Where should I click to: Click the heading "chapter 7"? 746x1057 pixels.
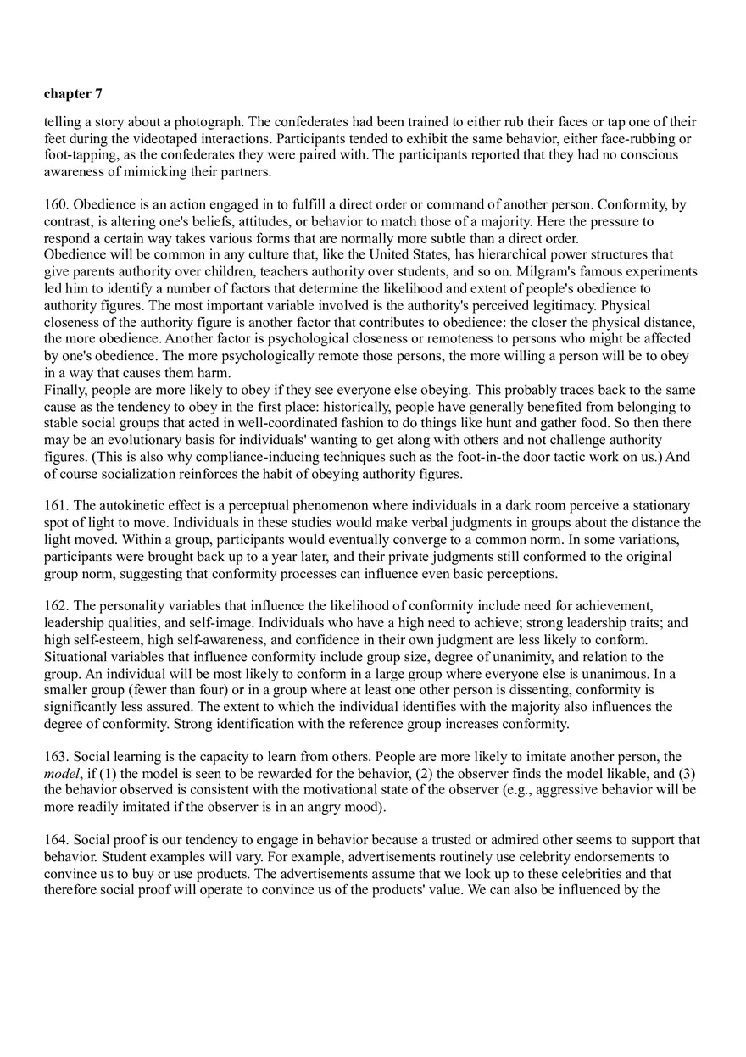click(x=73, y=94)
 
